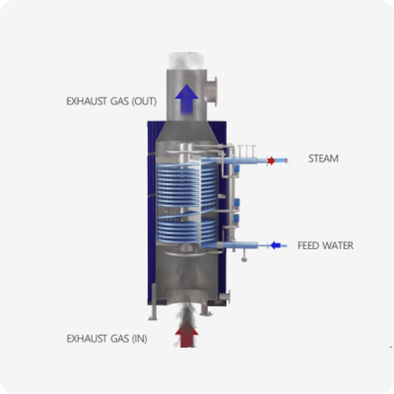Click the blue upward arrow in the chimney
point(187,99)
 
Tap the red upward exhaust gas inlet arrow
point(187,334)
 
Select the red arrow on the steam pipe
point(271,160)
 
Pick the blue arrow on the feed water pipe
point(276,245)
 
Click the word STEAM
point(323,159)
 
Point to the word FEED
point(308,246)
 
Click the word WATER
point(338,246)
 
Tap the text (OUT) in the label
point(144,102)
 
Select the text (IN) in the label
point(139,339)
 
